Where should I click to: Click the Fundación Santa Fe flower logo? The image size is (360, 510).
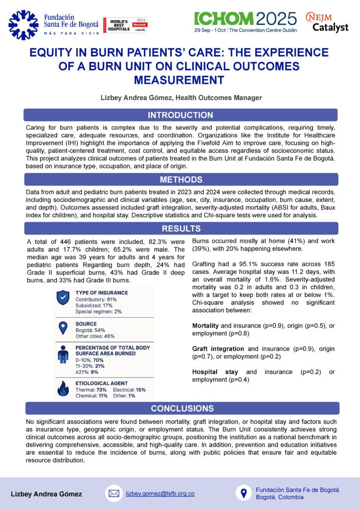(x=23, y=25)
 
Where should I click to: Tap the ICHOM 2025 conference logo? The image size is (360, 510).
(x=245, y=22)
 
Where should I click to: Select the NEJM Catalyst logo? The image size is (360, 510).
(x=327, y=23)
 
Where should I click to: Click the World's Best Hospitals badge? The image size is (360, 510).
(x=125, y=25)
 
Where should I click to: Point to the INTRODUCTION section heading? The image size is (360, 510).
(x=180, y=115)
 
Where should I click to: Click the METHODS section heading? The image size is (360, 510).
(x=180, y=179)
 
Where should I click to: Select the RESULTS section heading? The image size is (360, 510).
(x=180, y=229)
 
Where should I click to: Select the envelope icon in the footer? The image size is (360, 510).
(x=114, y=494)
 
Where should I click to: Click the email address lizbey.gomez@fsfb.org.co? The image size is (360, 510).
(x=160, y=494)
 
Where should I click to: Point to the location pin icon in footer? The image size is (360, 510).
(x=243, y=494)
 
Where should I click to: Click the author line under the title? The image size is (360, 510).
(x=180, y=98)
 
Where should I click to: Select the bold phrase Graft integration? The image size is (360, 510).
(x=218, y=349)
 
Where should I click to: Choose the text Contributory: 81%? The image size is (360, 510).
(x=96, y=299)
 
